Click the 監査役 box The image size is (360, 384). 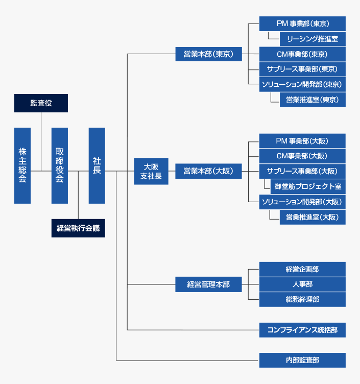click(x=41, y=103)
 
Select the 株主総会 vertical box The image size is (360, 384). click(x=22, y=165)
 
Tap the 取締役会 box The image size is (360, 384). click(x=60, y=165)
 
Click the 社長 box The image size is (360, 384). click(x=97, y=165)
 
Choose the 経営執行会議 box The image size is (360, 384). click(x=78, y=228)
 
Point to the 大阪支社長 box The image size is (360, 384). click(x=151, y=171)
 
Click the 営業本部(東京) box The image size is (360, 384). click(x=208, y=54)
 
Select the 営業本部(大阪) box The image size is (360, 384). click(x=208, y=171)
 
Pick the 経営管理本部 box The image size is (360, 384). click(x=208, y=284)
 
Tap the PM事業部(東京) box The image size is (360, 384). click(x=302, y=23)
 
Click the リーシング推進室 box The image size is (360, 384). click(x=313, y=39)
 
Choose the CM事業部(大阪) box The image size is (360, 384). click(x=302, y=156)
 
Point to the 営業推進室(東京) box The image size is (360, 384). click(x=313, y=100)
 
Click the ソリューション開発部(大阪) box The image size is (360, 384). click(x=302, y=202)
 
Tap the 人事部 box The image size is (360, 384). click(x=302, y=284)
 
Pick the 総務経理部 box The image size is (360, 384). click(x=302, y=299)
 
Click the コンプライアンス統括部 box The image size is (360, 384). click(x=302, y=330)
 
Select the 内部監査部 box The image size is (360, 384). click(x=302, y=360)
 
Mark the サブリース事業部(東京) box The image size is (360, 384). click(x=302, y=69)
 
